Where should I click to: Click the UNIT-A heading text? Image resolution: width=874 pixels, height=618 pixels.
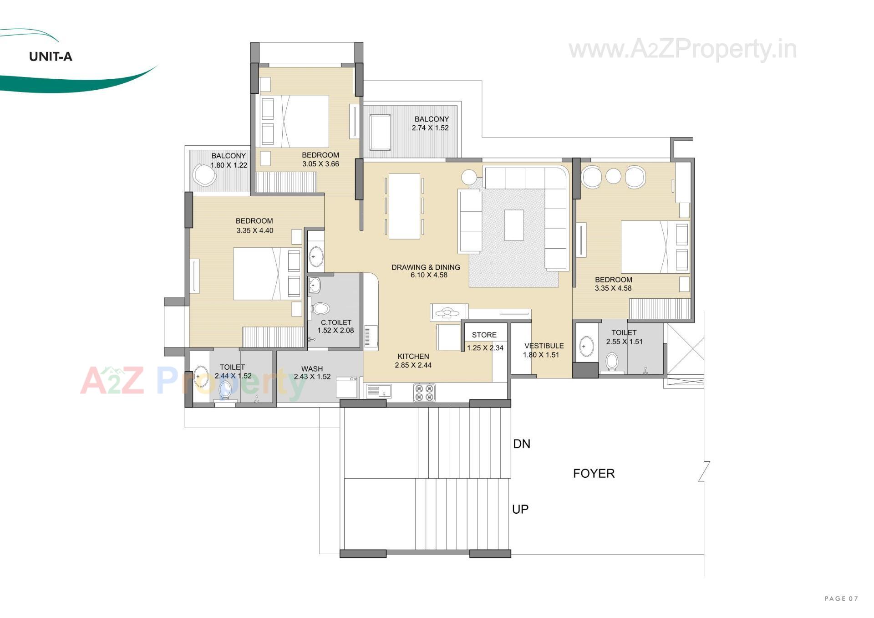coord(51,56)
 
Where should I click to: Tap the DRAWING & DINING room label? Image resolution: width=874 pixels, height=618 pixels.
coord(426,267)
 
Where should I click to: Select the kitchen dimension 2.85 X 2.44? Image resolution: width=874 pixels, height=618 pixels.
coord(413,365)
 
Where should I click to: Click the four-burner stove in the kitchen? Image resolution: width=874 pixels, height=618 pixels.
coord(424,393)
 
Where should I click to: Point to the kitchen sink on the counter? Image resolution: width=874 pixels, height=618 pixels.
coord(378,391)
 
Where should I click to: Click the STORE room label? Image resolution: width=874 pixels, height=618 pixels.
coord(484,335)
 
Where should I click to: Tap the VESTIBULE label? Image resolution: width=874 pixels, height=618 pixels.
coord(544,346)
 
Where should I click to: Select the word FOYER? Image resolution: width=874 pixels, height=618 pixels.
coord(594,474)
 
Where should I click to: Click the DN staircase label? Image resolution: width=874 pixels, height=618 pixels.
coord(522,444)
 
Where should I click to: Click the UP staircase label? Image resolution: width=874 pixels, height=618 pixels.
coord(520,509)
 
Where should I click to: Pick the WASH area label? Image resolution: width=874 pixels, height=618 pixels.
coord(312,368)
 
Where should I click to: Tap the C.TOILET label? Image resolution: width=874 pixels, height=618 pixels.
coord(335,322)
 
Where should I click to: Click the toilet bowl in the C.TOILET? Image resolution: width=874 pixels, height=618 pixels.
coord(321,309)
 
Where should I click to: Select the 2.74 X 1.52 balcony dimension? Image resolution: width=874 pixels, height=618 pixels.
coord(430,128)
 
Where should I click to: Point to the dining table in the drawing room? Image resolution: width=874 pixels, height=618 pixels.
coord(404,206)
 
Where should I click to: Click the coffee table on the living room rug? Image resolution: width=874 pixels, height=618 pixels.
coord(513,225)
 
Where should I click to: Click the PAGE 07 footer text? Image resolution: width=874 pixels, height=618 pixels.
coord(841,598)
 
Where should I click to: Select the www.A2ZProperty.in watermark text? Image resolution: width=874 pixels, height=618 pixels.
coord(682,49)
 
